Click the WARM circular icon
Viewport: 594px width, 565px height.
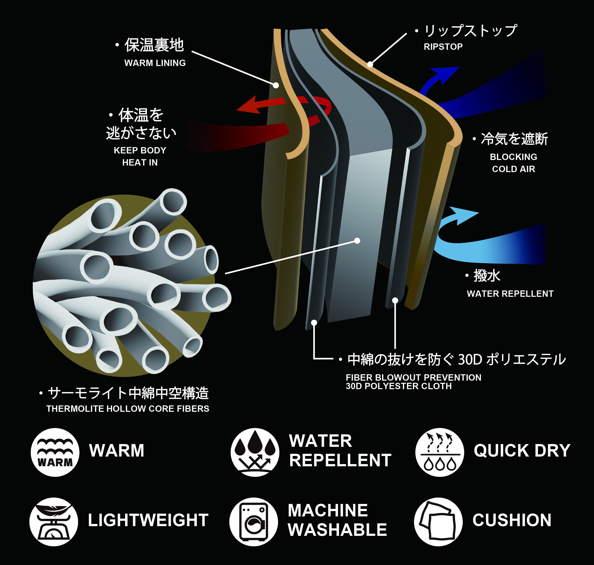pyautogui.click(x=55, y=452)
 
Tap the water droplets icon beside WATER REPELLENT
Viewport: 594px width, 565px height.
pyautogui.click(x=255, y=452)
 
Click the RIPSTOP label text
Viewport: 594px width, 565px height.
pyautogui.click(x=443, y=47)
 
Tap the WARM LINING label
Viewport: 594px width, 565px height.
pyautogui.click(x=155, y=63)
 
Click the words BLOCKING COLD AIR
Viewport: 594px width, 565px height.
pyautogui.click(x=513, y=163)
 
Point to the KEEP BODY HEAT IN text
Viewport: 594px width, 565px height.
pyautogui.click(x=140, y=156)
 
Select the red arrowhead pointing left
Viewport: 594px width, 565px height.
pyautogui.click(x=248, y=106)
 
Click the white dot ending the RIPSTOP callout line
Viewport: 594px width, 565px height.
pyautogui.click(x=370, y=64)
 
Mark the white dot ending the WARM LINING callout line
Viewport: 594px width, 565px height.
pyautogui.click(x=276, y=85)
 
